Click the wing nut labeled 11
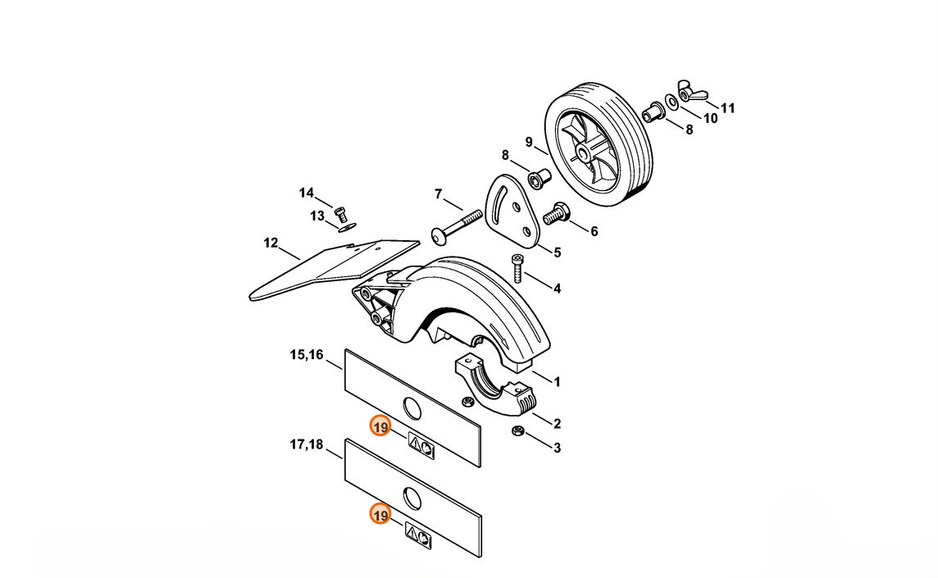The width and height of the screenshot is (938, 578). click(691, 91)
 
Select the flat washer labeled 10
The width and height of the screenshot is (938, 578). click(672, 103)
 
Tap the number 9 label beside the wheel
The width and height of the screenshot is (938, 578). click(529, 142)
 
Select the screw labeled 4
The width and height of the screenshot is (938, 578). click(517, 269)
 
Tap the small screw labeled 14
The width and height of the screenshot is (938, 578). click(342, 213)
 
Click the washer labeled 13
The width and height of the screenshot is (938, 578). click(347, 226)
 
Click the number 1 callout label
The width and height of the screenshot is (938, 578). click(557, 382)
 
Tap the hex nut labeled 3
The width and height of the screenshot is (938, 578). click(518, 430)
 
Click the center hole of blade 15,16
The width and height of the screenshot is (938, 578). click(412, 407)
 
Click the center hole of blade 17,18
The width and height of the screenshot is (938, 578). click(412, 496)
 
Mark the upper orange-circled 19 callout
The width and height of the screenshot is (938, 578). click(380, 426)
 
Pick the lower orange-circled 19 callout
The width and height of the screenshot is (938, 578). click(380, 515)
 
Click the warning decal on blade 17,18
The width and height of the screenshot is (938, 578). click(419, 535)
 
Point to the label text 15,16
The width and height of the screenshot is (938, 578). click(307, 355)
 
